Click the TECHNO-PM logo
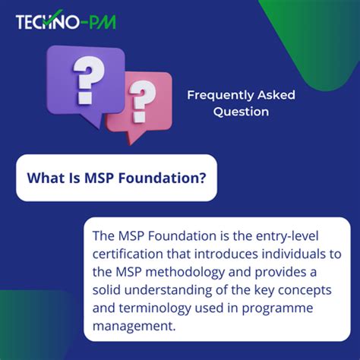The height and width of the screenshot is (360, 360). coord(66,21)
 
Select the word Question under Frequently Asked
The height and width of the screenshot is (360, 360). coord(241,111)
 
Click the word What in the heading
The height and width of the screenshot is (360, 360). coord(44,178)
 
